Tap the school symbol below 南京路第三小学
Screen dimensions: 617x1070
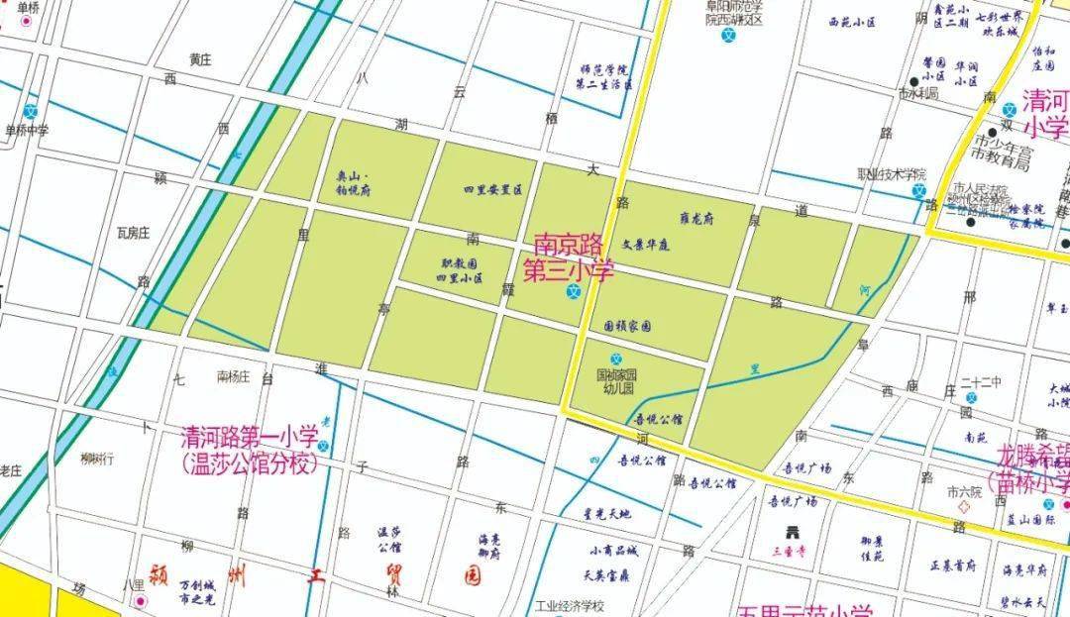pyautogui.click(x=573, y=291)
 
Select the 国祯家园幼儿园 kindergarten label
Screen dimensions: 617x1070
pyautogui.click(x=615, y=381)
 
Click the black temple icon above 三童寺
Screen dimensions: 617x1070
pyautogui.click(x=792, y=530)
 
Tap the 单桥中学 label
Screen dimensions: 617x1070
pyautogui.click(x=27, y=130)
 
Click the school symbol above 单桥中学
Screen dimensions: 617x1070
pyautogui.click(x=32, y=111)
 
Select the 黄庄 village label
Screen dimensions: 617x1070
pyautogui.click(x=200, y=59)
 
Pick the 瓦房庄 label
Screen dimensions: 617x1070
pyautogui.click(x=132, y=233)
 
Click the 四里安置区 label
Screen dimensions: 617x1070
pyautogui.click(x=491, y=189)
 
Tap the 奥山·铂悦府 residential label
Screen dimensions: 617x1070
pyautogui.click(x=353, y=183)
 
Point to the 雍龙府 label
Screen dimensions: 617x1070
pyautogui.click(x=696, y=219)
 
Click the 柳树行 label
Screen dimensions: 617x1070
pyautogui.click(x=97, y=459)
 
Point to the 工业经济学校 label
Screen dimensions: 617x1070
pyautogui.click(x=570, y=606)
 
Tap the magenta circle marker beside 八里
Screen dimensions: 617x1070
pyautogui.click(x=140, y=601)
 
